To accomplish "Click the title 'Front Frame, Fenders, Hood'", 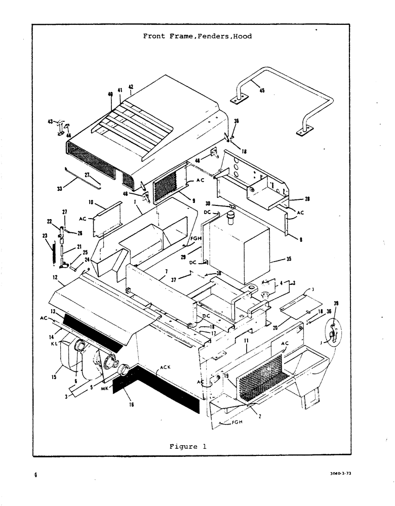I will coord(197,36).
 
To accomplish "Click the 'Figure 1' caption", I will coord(187,446).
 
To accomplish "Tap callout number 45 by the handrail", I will coord(262,91).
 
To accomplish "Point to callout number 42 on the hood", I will coord(131,87).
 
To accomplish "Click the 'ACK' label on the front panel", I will coord(165,368).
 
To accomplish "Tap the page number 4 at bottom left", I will coord(36,475).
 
